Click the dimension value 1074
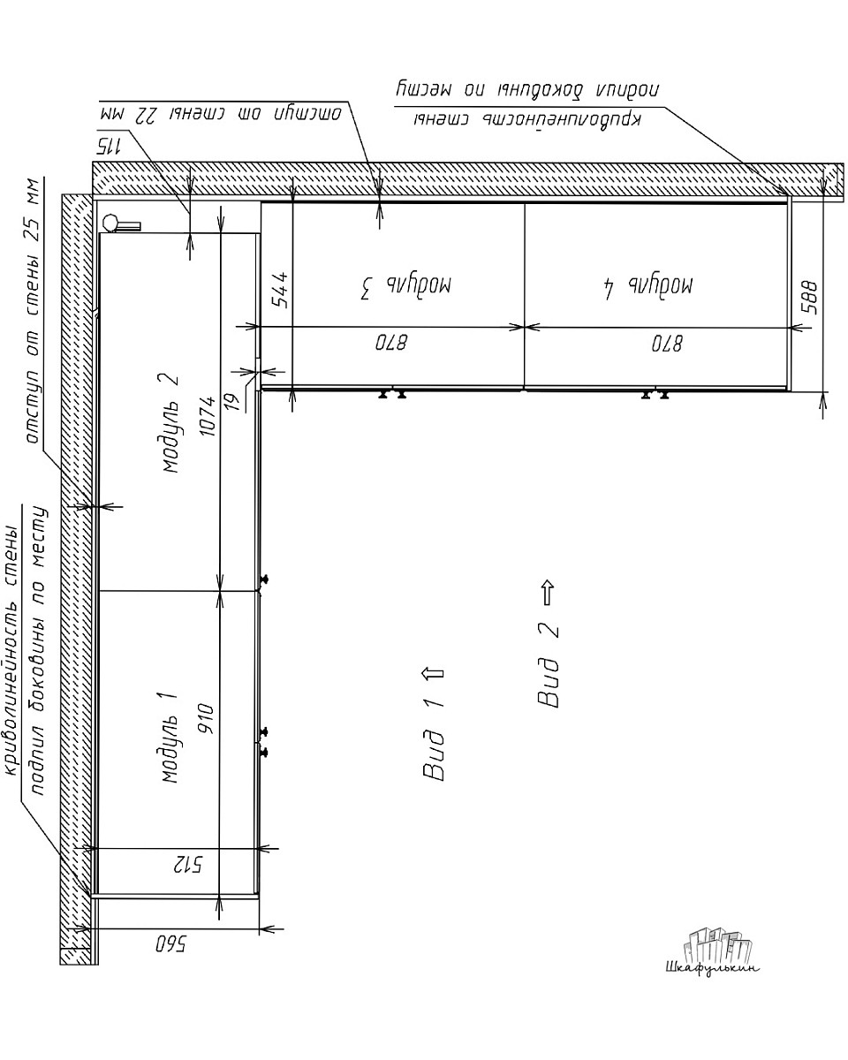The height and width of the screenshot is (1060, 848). coord(208,416)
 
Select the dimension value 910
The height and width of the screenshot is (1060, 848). coord(208,719)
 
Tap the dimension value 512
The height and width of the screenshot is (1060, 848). coord(188,865)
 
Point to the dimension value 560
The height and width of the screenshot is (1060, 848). coord(170,944)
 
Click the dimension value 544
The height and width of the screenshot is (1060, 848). coord(281,290)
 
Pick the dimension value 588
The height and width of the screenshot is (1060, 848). coord(808,298)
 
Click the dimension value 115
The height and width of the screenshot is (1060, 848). coord(110,146)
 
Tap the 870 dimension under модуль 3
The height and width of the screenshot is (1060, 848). coord(391,343)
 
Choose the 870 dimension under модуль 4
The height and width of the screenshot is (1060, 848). coord(667,344)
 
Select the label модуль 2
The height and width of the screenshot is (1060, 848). coord(170,423)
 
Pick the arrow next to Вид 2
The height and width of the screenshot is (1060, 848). coord(548,592)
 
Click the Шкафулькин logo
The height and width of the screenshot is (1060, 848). coord(713,951)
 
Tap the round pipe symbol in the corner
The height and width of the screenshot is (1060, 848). coord(110,222)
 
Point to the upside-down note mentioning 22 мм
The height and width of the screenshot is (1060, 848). coord(221,114)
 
